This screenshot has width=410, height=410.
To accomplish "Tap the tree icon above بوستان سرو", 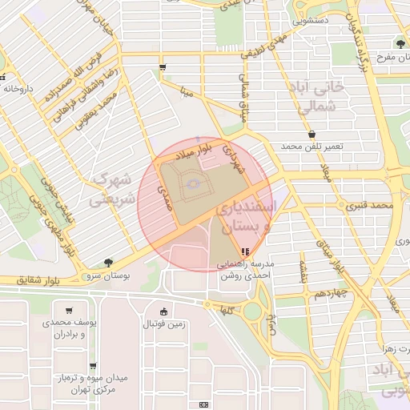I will click(x=108, y=262).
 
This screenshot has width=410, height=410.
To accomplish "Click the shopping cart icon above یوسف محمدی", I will click(x=70, y=311).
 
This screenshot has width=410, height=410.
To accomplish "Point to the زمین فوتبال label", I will click(x=165, y=324).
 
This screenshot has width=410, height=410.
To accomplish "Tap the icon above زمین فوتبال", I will click(x=164, y=312).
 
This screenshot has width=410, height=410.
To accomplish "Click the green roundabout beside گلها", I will click(x=253, y=312).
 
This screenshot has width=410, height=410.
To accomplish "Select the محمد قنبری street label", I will click(x=371, y=206).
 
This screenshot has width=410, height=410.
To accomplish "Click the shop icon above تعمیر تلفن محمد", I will click(x=312, y=135).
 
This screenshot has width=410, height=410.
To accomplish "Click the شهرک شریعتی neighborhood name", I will click(x=111, y=189).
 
